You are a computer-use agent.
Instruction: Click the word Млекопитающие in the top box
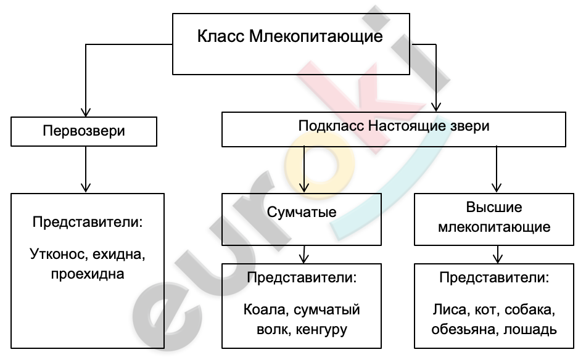pyautogui.click(x=316, y=36)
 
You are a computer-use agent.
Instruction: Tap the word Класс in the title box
pyautogui.click(x=221, y=36)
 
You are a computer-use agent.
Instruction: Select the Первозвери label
pyautogui.click(x=84, y=131)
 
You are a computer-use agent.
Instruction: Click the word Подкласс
pyautogui.click(x=331, y=126)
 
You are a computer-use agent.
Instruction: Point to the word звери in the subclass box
pyautogui.click(x=469, y=126)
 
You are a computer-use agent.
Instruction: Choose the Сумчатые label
pyautogui.click(x=302, y=212)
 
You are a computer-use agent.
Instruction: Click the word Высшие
pyautogui.click(x=494, y=207)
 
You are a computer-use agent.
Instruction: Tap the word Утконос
pyautogui.click(x=59, y=255)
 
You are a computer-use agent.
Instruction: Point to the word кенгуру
pyautogui.click(x=321, y=330)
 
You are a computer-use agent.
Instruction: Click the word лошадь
pyautogui.click(x=530, y=330)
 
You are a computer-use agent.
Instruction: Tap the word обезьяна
pyautogui.click(x=465, y=330)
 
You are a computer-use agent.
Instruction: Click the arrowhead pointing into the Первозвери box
pyautogui.click(x=86, y=112)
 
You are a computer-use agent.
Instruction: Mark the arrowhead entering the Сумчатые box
pyautogui.click(x=304, y=188)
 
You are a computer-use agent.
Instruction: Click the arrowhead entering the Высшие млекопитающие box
pyautogui.click(x=497, y=188)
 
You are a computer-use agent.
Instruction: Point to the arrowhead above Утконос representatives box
pyautogui.click(x=86, y=188)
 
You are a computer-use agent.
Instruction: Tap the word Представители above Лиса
pyautogui.click(x=494, y=278)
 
